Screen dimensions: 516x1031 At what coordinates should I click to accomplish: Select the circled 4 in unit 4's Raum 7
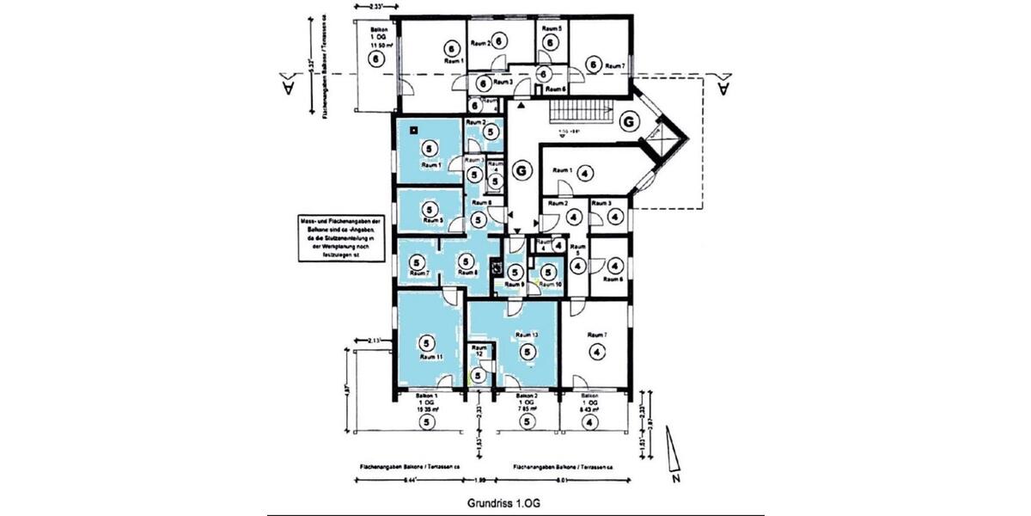594,351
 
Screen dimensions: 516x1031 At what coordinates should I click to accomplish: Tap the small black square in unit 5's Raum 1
414,131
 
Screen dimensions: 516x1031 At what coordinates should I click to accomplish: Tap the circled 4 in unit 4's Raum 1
583,173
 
